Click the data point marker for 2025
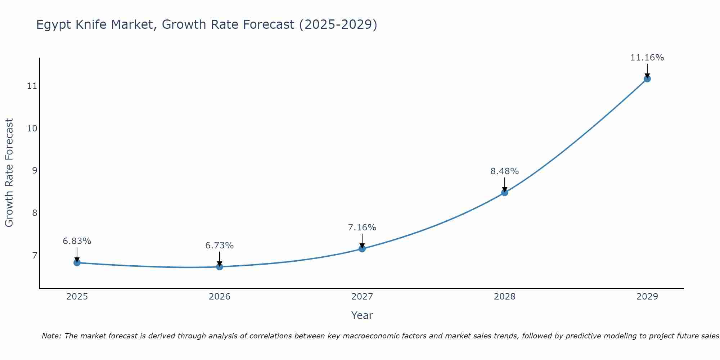coord(77,262)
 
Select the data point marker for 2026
coord(219,267)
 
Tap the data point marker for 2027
coord(362,248)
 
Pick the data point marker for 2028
coord(504,193)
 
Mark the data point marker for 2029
coord(647,79)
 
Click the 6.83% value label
coord(77,241)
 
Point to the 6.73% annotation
coord(219,246)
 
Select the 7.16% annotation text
coord(362,228)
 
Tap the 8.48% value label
coord(504,171)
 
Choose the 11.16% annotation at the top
coord(647,58)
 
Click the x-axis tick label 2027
coord(362,297)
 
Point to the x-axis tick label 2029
coord(647,297)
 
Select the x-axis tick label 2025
coord(77,297)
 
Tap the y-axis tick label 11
coord(32,86)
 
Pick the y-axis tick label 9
coord(35,171)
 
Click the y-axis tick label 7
coord(35,256)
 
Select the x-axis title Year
coord(362,315)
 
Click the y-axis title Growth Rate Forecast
coord(9,173)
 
